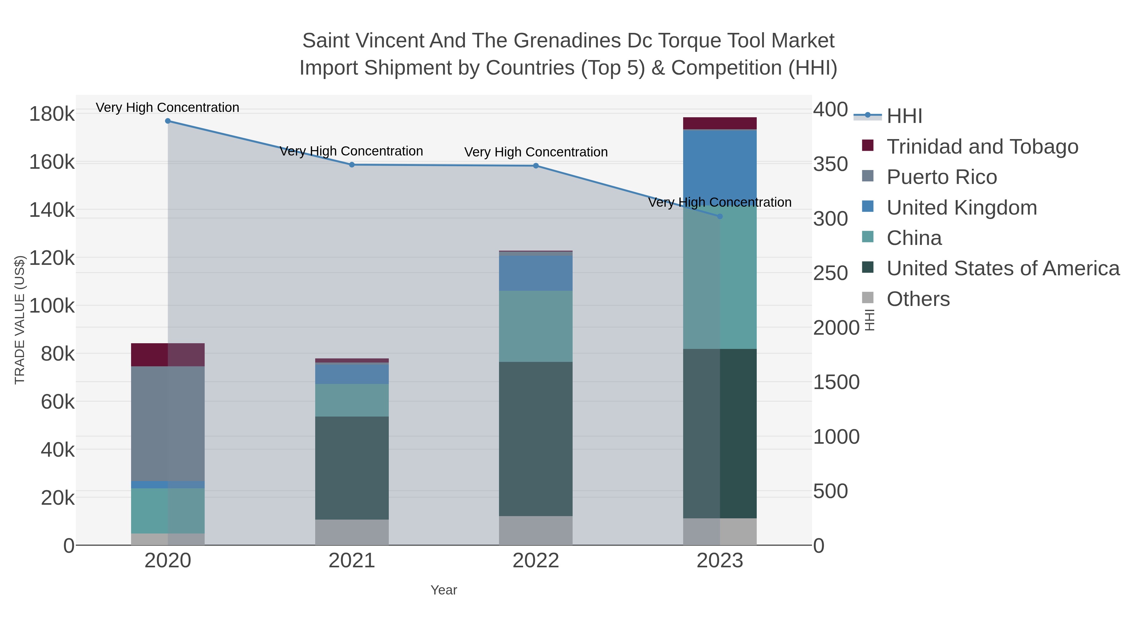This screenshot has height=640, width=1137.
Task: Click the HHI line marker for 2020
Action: tap(168, 121)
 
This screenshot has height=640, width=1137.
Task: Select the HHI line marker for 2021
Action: tap(352, 165)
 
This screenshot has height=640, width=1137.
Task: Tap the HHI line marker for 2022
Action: tap(536, 166)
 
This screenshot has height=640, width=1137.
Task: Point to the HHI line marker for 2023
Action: tap(720, 216)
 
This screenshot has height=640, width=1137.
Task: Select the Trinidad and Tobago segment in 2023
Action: tap(720, 123)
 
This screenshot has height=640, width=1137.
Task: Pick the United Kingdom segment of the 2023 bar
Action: tap(720, 168)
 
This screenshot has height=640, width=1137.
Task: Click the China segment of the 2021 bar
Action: tap(352, 400)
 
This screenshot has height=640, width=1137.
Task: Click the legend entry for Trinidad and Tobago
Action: tap(982, 147)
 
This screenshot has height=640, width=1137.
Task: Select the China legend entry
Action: tap(914, 238)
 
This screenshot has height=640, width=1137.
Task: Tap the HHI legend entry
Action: tap(904, 116)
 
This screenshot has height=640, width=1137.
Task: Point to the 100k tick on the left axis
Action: tap(52, 306)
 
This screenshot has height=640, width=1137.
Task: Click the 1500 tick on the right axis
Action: tap(836, 382)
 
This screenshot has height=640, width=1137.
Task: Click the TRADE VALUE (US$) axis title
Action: tap(19, 320)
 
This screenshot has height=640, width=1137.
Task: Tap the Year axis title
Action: tap(444, 590)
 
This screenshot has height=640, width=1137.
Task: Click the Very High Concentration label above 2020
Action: tap(168, 108)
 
